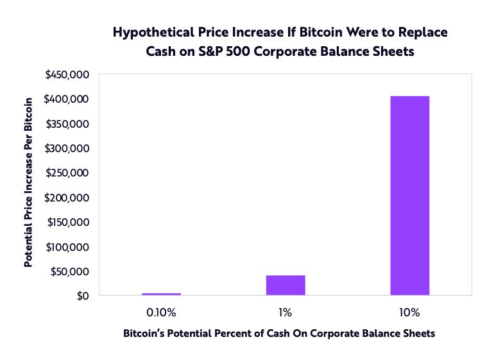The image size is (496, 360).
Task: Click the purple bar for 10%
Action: point(409,196)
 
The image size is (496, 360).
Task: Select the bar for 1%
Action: point(286,285)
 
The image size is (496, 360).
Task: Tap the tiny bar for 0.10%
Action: point(161,294)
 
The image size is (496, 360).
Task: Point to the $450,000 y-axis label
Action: point(67,74)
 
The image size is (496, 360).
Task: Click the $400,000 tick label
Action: point(67,99)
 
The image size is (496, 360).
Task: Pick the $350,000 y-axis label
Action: point(67,124)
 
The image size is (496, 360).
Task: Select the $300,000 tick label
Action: point(67,148)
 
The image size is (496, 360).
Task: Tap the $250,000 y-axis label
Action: point(67,173)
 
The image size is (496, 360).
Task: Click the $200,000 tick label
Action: point(67,198)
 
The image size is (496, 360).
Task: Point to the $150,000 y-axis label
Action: point(68,222)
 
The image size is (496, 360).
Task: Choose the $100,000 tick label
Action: point(67,247)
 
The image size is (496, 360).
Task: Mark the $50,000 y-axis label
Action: point(69,271)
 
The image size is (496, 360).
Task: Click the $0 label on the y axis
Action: point(83,296)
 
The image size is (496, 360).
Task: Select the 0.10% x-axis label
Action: point(161,313)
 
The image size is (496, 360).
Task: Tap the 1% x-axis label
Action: point(286,313)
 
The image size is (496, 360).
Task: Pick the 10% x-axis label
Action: point(409,313)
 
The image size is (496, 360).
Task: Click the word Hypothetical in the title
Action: point(153,33)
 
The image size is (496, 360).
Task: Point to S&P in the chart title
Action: point(210,51)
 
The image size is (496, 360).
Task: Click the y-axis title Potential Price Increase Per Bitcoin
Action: point(28,182)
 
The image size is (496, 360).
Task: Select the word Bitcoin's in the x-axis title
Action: point(144,334)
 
